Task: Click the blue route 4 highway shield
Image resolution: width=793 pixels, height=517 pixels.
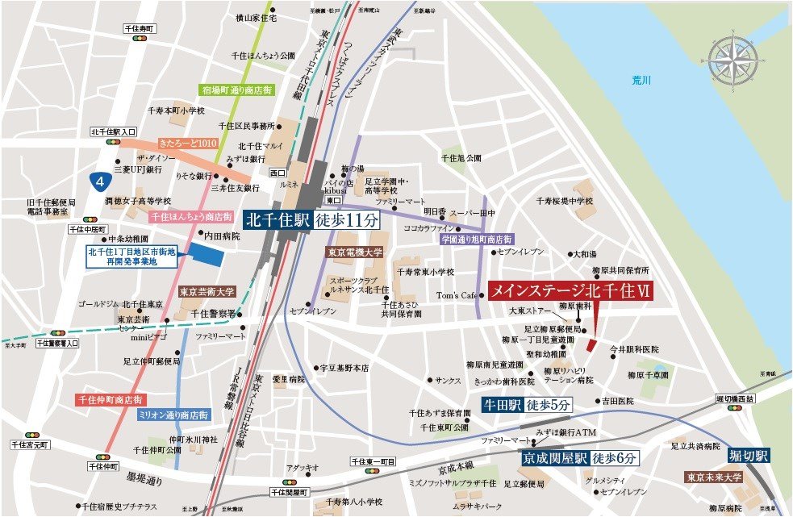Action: point(98,179)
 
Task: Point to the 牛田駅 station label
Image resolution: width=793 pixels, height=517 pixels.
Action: point(502,405)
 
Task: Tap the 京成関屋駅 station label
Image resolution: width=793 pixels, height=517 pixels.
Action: point(553,457)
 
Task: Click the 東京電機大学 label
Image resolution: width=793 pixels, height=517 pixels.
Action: point(354,252)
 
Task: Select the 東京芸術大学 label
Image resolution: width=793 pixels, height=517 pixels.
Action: point(207,292)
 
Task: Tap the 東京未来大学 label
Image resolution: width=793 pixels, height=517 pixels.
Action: point(714,477)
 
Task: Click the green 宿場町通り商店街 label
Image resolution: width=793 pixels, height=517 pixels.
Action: point(238,91)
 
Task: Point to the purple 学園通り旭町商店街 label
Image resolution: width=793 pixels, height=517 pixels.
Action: point(476,240)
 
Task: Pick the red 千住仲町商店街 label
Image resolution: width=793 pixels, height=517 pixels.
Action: point(109,399)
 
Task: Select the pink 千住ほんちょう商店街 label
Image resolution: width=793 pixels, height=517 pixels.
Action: point(191,216)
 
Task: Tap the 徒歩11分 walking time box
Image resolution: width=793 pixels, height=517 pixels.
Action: point(345,219)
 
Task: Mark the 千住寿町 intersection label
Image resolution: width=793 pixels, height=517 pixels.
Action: point(142,28)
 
